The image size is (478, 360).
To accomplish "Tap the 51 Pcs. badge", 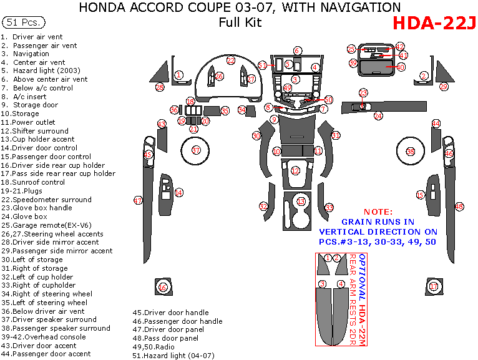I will pos(24,22).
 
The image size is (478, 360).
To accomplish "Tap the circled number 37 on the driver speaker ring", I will pos(196,150).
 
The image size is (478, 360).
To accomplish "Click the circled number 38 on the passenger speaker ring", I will pos(410,152).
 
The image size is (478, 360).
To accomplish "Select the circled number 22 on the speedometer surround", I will pos(230,61).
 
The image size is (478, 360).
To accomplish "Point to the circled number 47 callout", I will pos(138,200).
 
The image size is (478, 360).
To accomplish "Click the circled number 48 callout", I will pos(459,206).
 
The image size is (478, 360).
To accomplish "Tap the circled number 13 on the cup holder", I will pos(301,202).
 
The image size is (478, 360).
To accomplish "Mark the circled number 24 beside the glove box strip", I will pos(378,116).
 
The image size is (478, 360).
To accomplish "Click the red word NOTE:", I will pos(378,212).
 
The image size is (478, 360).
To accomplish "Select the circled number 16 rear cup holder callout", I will pos(163,288).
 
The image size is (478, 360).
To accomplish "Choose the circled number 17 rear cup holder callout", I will pos(434,286).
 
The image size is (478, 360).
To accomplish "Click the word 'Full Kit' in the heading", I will pos(240,23).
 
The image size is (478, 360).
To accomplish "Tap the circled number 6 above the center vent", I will pos(298,51).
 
